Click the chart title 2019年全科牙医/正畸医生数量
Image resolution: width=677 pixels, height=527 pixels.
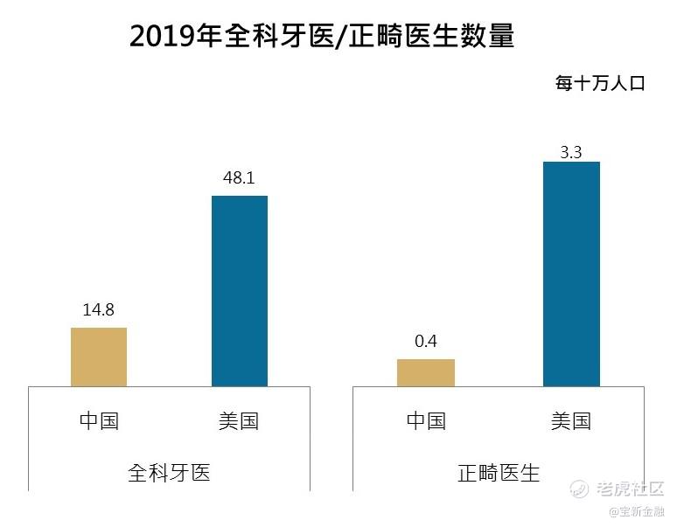(321, 36)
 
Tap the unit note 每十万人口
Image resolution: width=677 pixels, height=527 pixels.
(599, 84)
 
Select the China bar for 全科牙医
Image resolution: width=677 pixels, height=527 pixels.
(99, 357)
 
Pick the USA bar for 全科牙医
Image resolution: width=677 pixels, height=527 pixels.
(240, 290)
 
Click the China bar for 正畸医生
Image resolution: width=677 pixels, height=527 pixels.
(426, 372)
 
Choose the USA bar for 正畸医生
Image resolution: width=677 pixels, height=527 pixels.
(571, 274)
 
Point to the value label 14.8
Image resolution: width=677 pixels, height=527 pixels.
(99, 310)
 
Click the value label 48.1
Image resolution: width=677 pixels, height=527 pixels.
(240, 178)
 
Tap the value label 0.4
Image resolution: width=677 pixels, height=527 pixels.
(426, 342)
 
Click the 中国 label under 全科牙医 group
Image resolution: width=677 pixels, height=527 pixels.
(99, 421)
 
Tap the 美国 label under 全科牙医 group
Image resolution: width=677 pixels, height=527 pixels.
(240, 421)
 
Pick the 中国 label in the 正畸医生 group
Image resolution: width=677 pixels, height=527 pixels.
(426, 421)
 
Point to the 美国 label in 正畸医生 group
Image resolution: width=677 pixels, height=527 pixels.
(571, 421)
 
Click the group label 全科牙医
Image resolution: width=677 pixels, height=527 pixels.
(169, 473)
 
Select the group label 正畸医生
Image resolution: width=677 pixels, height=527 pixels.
(499, 473)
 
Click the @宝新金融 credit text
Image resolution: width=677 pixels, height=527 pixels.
(637, 510)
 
